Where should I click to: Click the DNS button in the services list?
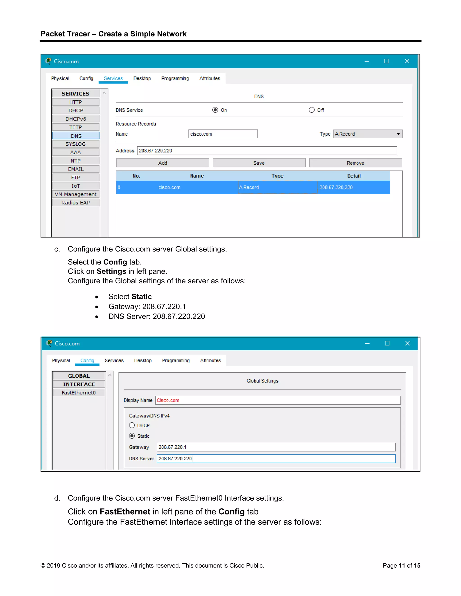click(76, 136)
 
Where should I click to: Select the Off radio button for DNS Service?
click(312, 110)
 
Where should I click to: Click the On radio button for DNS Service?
click(215, 110)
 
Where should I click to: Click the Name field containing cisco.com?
click(223, 134)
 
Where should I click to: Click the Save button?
click(259, 163)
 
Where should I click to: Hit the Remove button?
click(355, 163)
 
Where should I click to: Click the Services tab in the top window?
click(113, 78)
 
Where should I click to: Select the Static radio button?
click(132, 436)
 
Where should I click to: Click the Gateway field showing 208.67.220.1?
click(276, 447)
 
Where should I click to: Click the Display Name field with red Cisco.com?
click(278, 400)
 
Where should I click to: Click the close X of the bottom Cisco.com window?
click(407, 343)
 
